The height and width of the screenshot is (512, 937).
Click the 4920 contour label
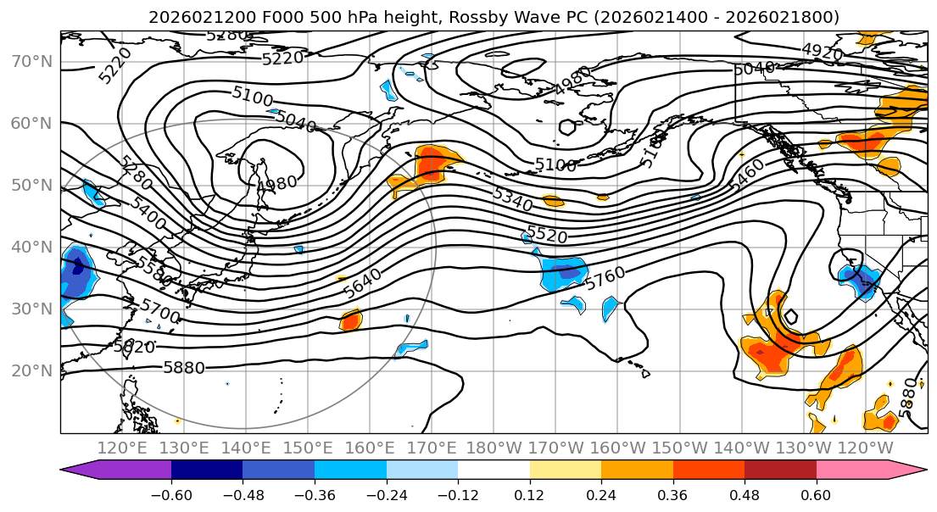tap(822, 53)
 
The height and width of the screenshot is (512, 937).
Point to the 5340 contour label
tap(512, 199)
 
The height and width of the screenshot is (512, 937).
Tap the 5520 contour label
tap(547, 235)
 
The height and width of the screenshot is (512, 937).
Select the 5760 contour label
tap(605, 276)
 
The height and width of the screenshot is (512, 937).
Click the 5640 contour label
tap(362, 282)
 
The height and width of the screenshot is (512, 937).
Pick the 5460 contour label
tap(745, 174)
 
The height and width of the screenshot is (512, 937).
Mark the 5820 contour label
tap(134, 347)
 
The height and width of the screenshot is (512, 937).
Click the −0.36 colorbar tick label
tap(314, 494)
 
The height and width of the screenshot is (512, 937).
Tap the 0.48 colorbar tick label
tap(745, 494)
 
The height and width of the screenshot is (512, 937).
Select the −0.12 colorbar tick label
tap(458, 494)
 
